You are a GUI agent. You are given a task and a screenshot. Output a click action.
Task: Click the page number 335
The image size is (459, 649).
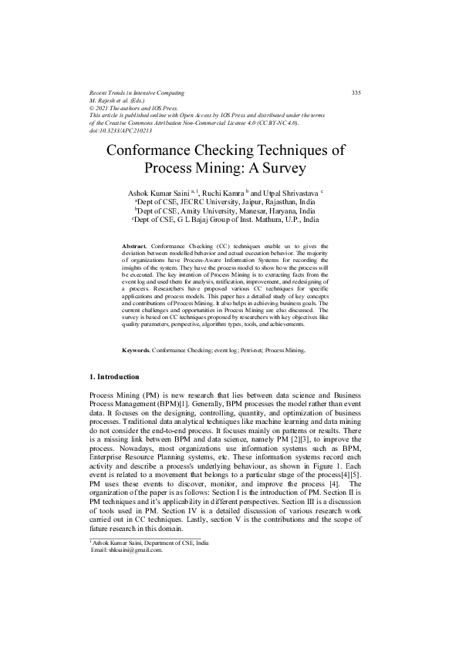coord(356,92)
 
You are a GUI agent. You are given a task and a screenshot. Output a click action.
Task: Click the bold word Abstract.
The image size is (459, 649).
coord(135,244)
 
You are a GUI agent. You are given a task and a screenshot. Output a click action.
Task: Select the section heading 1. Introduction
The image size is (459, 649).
coord(115,377)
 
